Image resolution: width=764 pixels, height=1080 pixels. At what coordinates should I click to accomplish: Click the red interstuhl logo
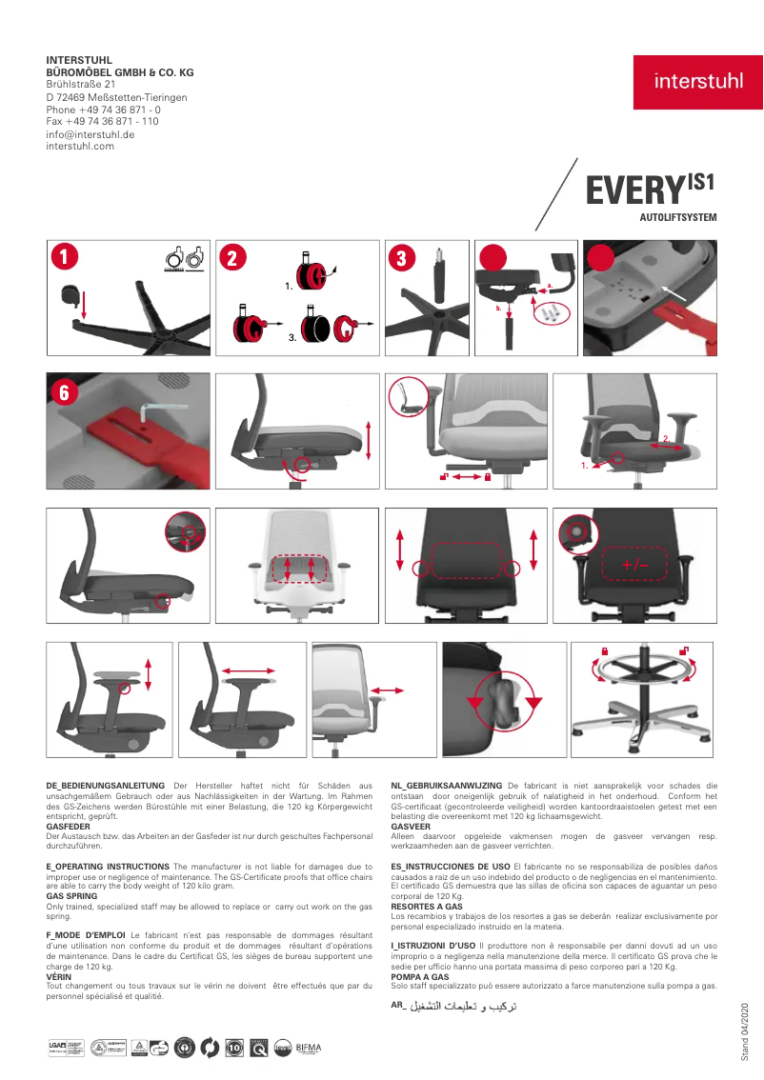coord(698,82)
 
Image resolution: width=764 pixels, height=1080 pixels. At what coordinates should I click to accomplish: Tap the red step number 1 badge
coord(63,257)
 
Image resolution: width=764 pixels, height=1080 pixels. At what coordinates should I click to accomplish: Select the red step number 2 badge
coord(232,257)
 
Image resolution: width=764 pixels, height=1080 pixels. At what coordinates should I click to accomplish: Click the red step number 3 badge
coord(402,257)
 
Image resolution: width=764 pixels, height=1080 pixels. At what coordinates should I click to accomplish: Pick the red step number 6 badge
coord(63,391)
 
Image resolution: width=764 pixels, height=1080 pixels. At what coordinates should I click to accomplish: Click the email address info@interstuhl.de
coord(90,134)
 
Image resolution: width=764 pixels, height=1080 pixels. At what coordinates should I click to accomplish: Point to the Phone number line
coord(103,110)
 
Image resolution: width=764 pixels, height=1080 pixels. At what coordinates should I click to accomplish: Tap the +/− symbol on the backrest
coord(634,566)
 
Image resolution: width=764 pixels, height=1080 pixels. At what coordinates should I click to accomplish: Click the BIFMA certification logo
coord(310,1048)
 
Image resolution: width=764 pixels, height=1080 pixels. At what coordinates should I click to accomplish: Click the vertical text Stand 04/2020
coord(746,1030)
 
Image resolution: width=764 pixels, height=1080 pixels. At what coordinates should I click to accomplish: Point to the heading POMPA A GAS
coord(419,977)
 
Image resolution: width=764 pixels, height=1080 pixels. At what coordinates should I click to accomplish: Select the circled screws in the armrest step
coord(551,311)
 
